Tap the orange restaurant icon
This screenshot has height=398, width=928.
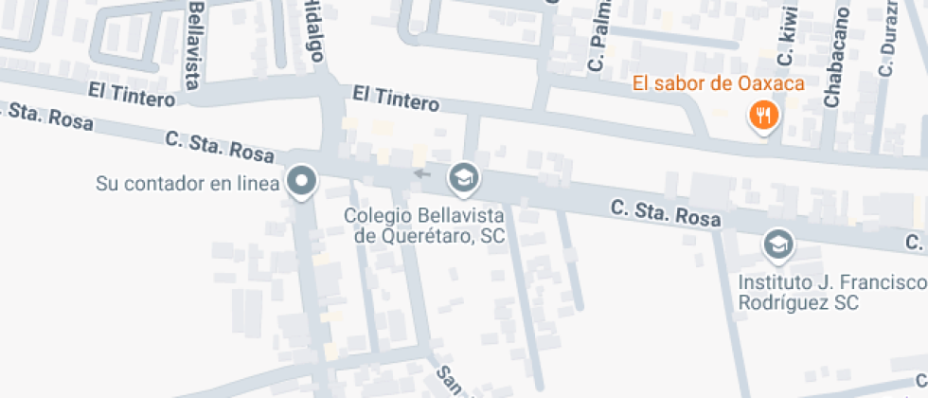[762, 117]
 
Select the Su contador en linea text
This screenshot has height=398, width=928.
[187, 183]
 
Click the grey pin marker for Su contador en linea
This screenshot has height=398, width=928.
[302, 180]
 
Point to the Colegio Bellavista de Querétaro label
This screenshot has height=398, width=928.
[424, 226]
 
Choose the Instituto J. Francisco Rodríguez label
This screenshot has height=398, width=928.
[831, 293]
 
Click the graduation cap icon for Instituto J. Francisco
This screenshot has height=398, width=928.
[777, 244]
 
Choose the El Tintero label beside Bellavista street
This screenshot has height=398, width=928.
[132, 96]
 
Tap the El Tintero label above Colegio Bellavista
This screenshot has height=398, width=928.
[396, 97]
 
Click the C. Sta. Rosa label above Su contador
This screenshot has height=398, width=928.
[219, 145]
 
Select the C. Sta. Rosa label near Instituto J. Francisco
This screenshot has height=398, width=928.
[666, 212]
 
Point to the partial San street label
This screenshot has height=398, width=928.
[448, 378]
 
